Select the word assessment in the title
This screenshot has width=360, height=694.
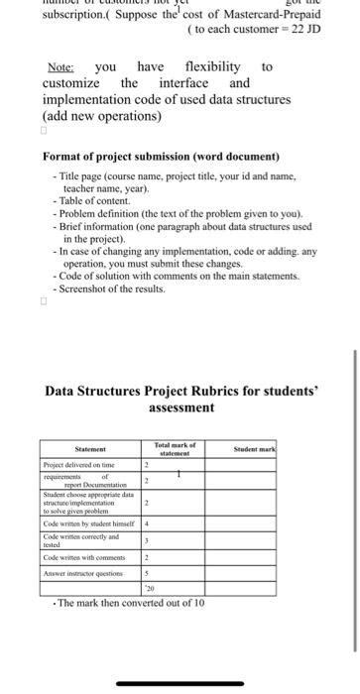pyautogui.click(x=181, y=407)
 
